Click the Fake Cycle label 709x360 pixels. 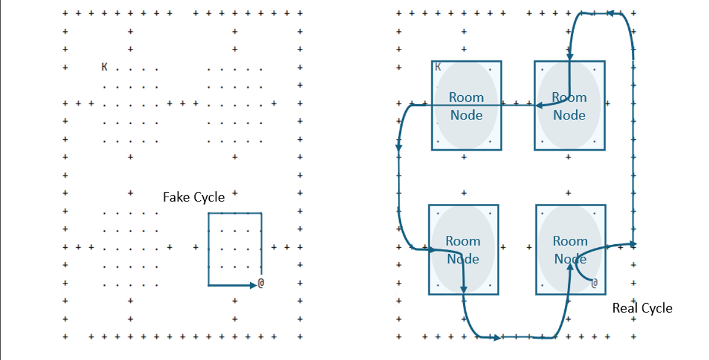(x=194, y=197)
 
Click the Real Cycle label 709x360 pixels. (x=642, y=308)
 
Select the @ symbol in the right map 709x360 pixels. (x=594, y=283)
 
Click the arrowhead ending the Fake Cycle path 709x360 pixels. (x=253, y=285)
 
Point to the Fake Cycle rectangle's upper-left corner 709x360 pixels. (x=209, y=213)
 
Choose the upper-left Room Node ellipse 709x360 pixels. (x=466, y=106)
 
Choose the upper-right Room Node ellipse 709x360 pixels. (x=569, y=106)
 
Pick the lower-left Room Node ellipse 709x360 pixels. (x=463, y=250)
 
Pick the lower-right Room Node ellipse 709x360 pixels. (x=570, y=250)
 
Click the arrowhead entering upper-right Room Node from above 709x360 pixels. (x=570, y=57)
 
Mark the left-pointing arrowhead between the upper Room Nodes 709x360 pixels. (x=540, y=106)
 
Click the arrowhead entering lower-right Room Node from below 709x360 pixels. (x=570, y=269)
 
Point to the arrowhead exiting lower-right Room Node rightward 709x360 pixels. (x=633, y=244)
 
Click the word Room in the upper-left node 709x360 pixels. (x=466, y=98)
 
